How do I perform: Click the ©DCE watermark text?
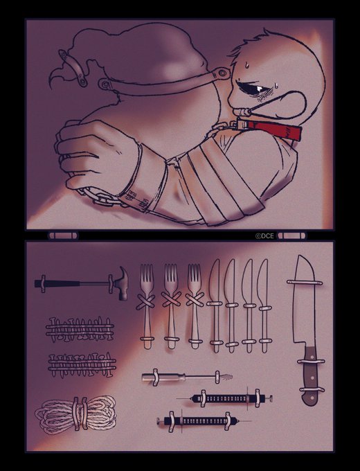pyautogui.click(x=264, y=236)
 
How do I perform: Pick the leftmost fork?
pyautogui.click(x=146, y=305)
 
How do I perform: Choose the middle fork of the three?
pyautogui.click(x=171, y=305)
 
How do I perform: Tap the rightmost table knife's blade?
pyautogui.click(x=263, y=283)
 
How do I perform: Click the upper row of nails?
pyautogui.click(x=80, y=330)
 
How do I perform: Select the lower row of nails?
pyautogui.click(x=82, y=364)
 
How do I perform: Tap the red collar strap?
pyautogui.click(x=269, y=128)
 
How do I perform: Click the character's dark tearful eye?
pyautogui.click(x=251, y=87)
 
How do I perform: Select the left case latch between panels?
pyautogui.click(x=64, y=235)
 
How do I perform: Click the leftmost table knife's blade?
pyautogui.click(x=215, y=283)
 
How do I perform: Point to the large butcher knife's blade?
pyautogui.click(x=305, y=301)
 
